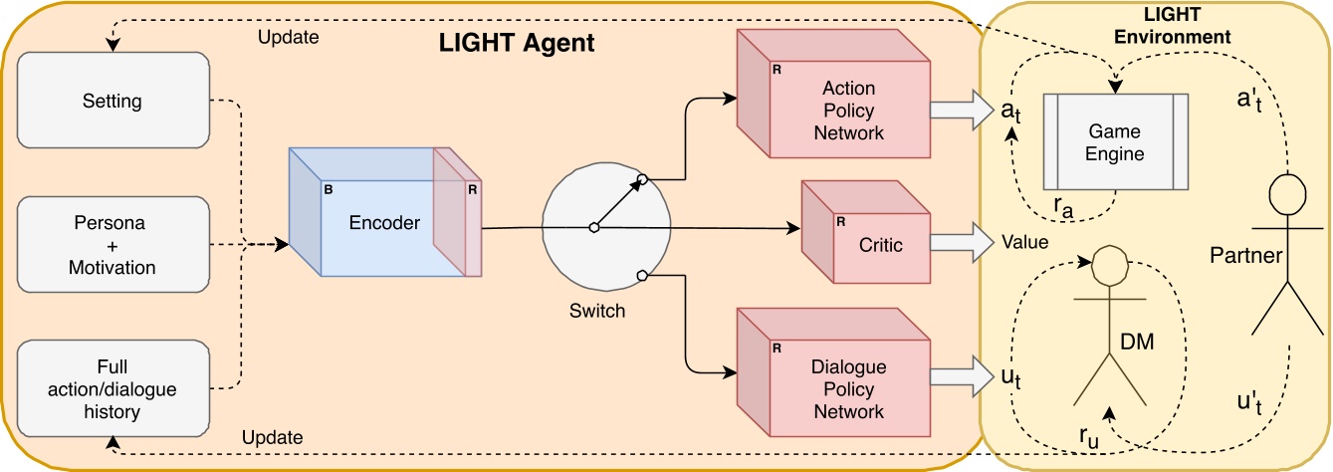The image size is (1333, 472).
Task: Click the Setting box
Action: click(112, 101)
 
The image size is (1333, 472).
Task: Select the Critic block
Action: click(867, 245)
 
